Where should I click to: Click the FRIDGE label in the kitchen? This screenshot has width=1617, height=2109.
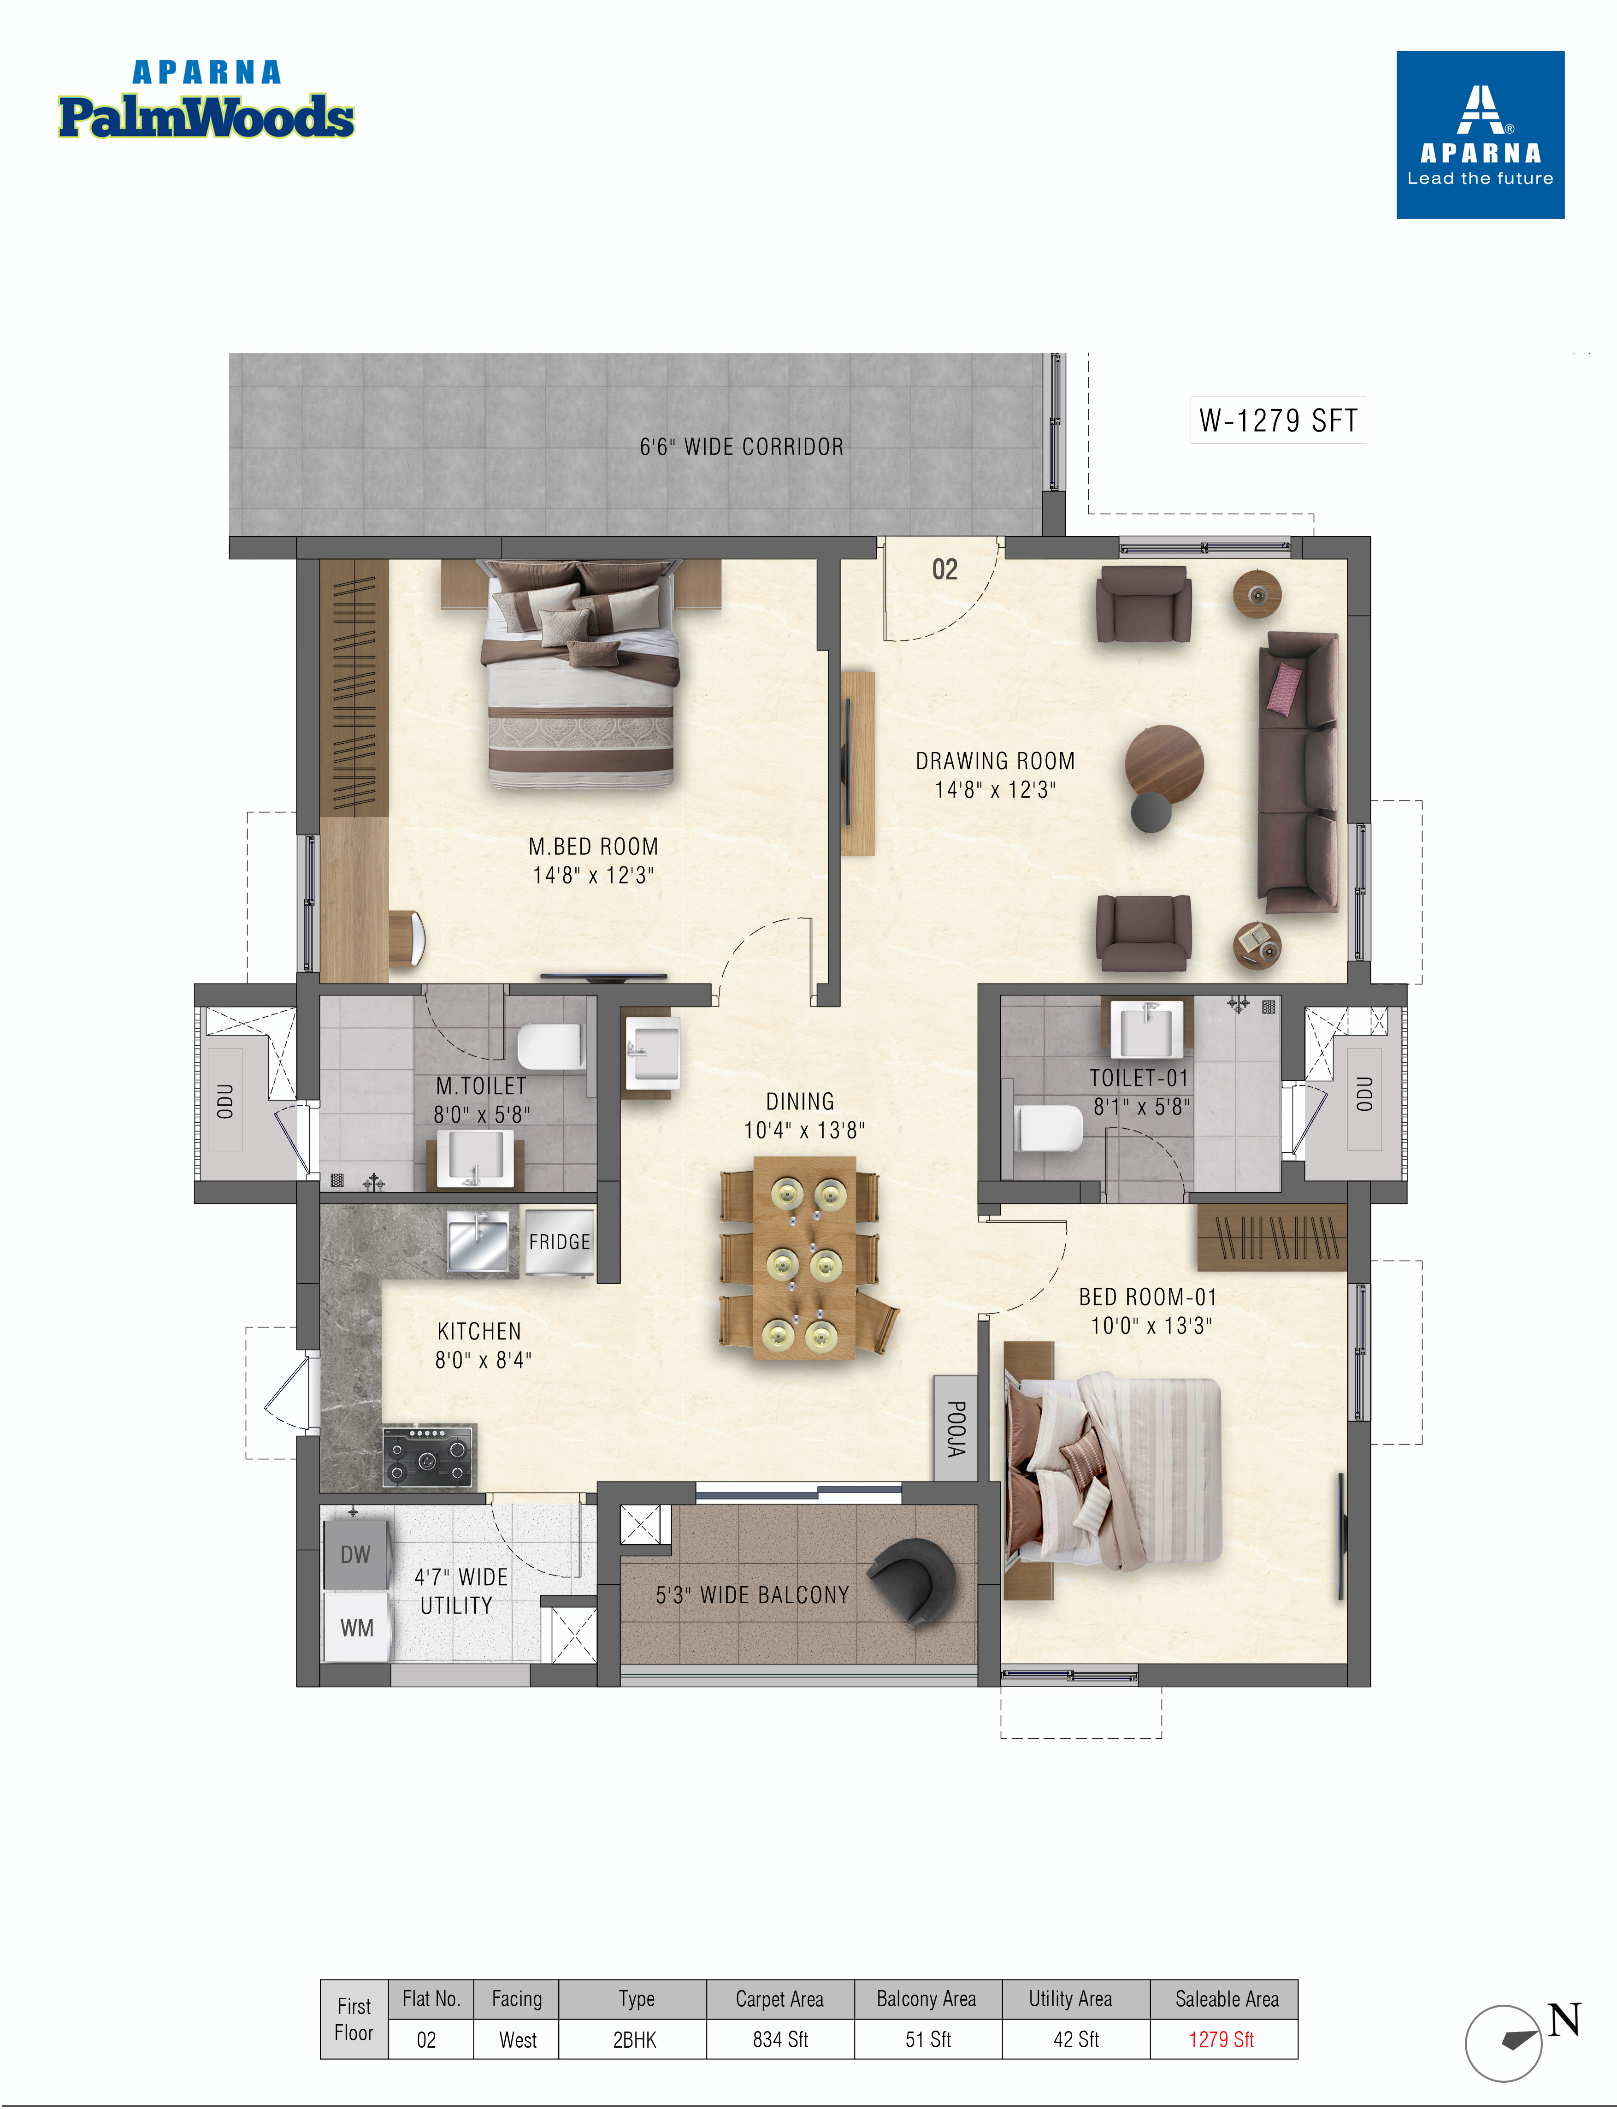coord(559,1242)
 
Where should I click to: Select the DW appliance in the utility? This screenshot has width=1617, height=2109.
coord(355,1555)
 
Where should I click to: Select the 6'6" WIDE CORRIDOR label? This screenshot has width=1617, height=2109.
coord(741,447)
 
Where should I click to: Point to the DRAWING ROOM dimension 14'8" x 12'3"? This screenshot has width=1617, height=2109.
coord(995,789)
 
